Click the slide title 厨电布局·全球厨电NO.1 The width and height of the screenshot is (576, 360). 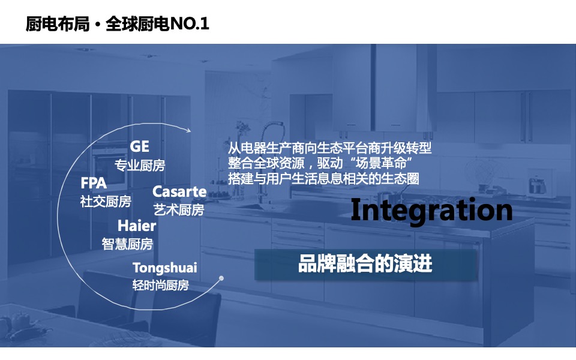pos(118,24)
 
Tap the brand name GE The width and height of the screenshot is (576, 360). pos(139,147)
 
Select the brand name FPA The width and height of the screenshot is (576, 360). pos(94,184)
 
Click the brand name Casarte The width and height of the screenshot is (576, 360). pos(179,192)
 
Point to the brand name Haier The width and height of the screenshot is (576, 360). pos(137,226)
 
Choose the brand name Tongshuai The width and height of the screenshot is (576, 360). pos(165,268)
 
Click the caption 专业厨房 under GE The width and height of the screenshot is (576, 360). pos(140,166)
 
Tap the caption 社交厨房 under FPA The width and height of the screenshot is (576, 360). pos(106,202)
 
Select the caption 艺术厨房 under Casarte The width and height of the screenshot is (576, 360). pos(179,210)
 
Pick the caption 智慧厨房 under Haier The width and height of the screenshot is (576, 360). pos(127,244)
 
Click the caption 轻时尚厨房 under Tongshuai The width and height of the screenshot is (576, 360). pos(160,285)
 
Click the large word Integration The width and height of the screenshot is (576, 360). pos(431,211)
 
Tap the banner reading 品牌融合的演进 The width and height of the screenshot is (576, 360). pos(365,265)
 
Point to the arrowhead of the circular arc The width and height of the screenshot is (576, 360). pos(190,130)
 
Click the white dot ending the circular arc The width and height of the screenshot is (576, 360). pos(221,278)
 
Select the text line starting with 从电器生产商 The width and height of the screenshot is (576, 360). pos(330,148)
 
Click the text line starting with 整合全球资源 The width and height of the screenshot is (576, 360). pos(322,163)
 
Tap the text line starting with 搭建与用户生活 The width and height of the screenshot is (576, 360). pos(323,178)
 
